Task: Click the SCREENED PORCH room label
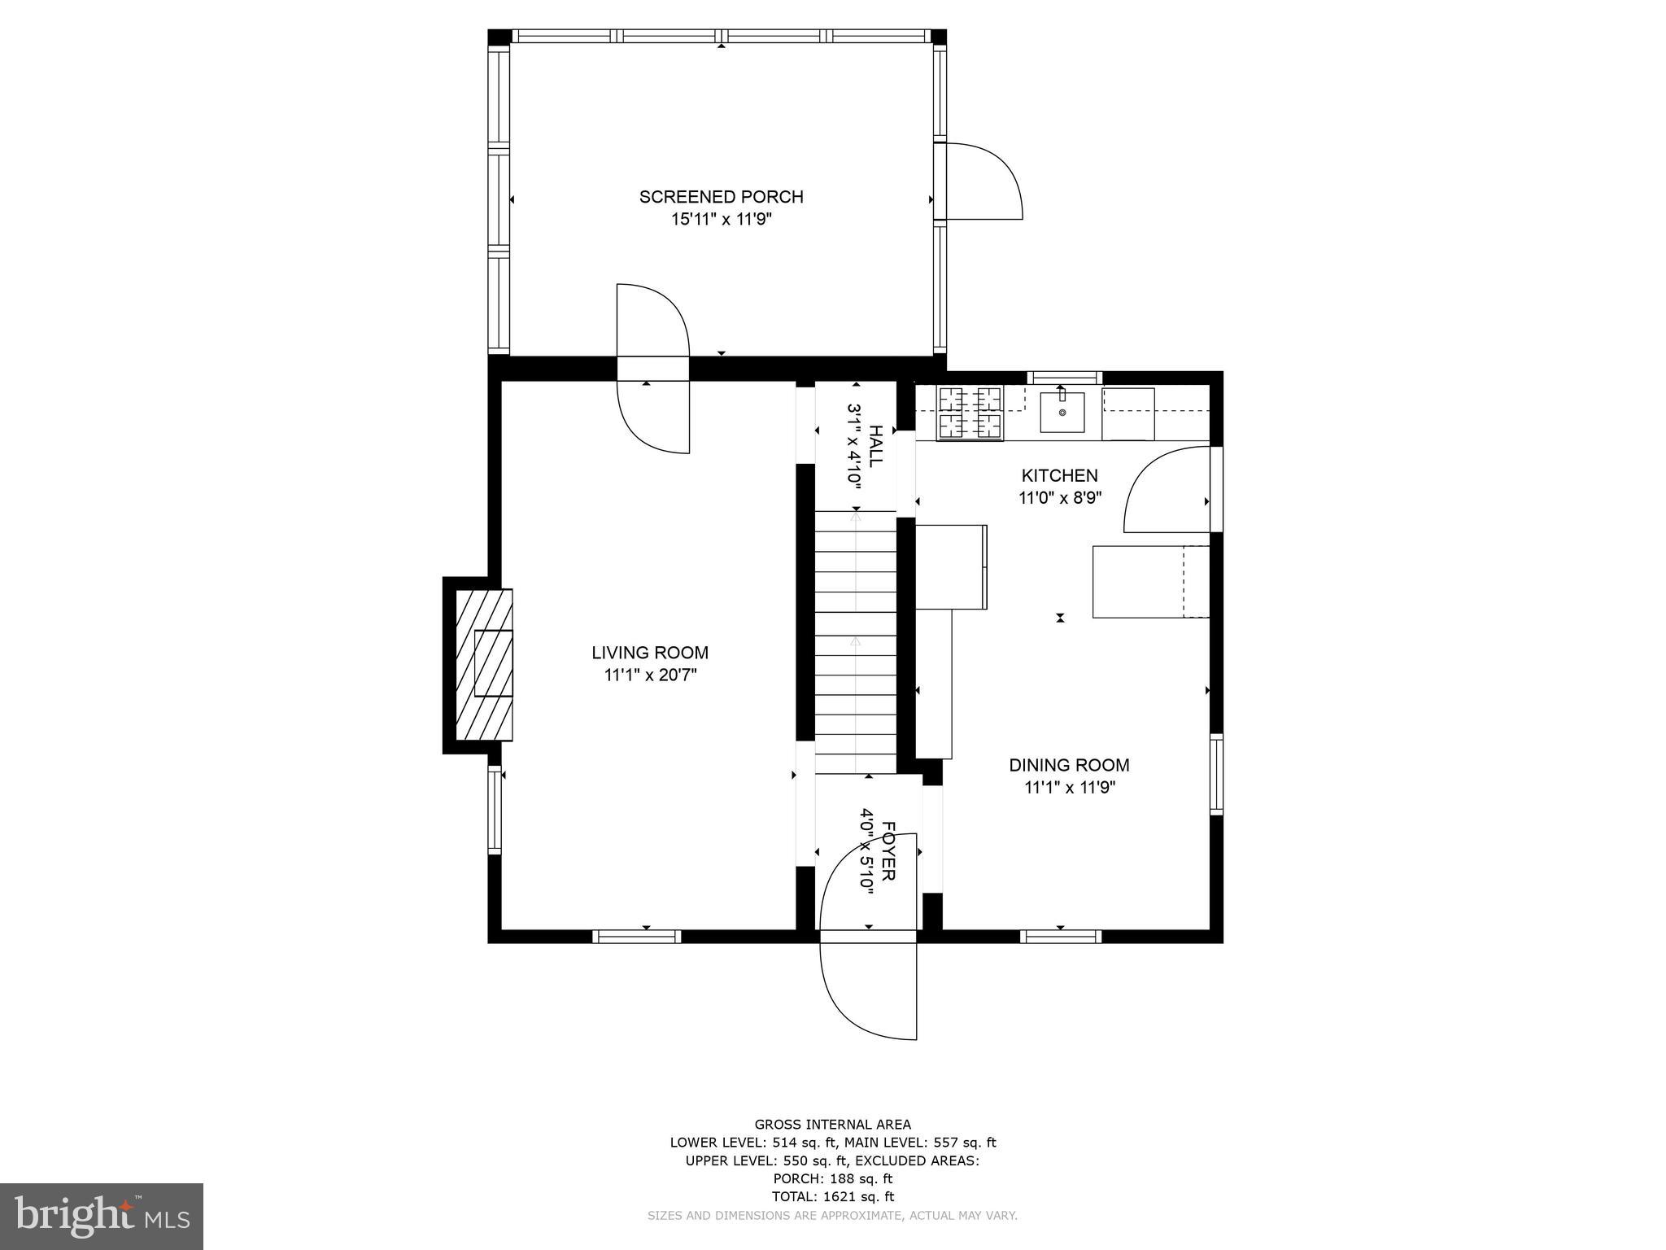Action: click(x=721, y=197)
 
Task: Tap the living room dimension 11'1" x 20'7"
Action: click(x=650, y=675)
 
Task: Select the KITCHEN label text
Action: click(x=1059, y=475)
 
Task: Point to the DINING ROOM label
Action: click(x=1069, y=765)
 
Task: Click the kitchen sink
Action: click(x=1062, y=413)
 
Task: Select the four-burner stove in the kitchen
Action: click(x=970, y=413)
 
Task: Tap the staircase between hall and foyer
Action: click(x=855, y=643)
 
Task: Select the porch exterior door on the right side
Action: click(x=980, y=181)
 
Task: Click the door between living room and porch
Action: click(x=653, y=368)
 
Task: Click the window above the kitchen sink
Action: click(x=1064, y=378)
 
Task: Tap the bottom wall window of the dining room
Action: click(x=1061, y=937)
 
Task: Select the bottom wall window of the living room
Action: click(x=636, y=937)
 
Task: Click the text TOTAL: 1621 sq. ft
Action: click(x=832, y=1196)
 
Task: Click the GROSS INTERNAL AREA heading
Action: click(x=832, y=1125)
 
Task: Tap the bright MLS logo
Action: click(x=102, y=1216)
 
